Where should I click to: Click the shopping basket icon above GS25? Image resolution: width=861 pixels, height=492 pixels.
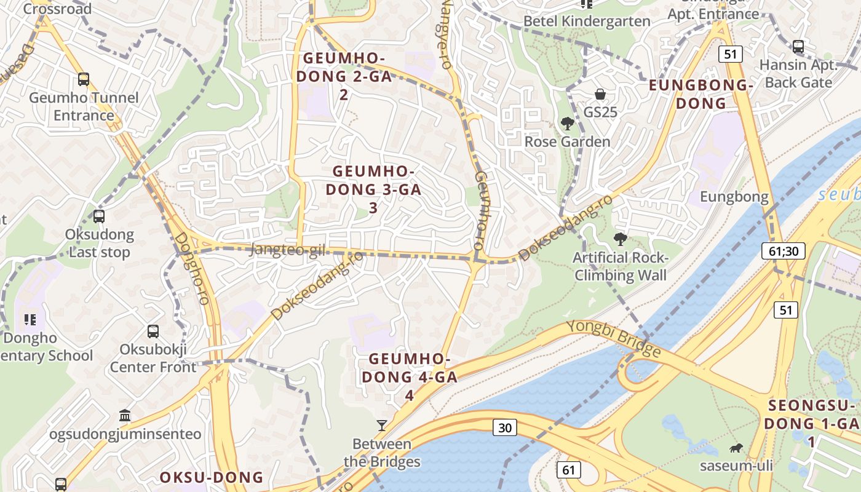pyautogui.click(x=600, y=94)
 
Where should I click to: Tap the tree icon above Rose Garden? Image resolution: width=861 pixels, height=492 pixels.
pyautogui.click(x=567, y=124)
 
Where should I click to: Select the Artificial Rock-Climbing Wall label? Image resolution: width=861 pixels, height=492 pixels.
pyautogui.click(x=620, y=266)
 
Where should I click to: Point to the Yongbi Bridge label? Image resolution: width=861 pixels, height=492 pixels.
pyautogui.click(x=613, y=338)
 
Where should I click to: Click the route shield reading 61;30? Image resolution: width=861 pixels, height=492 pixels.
pyautogui.click(x=783, y=250)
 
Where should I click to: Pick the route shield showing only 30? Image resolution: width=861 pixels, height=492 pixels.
pyautogui.click(x=504, y=427)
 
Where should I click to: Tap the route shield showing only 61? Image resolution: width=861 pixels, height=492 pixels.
pyautogui.click(x=568, y=470)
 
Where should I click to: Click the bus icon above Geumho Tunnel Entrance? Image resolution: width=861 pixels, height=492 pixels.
pyautogui.click(x=84, y=79)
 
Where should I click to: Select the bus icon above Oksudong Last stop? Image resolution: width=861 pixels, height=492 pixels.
pyautogui.click(x=99, y=216)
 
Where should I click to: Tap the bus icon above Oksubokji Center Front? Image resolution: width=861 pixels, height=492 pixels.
pyautogui.click(x=153, y=331)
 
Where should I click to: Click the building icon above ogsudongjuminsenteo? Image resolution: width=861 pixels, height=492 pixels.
pyautogui.click(x=125, y=416)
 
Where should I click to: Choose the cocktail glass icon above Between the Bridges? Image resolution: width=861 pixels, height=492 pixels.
pyautogui.click(x=382, y=425)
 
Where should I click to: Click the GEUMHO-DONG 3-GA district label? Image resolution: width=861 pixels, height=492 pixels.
pyautogui.click(x=373, y=189)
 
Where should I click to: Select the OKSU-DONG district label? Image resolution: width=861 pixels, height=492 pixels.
pyautogui.click(x=212, y=477)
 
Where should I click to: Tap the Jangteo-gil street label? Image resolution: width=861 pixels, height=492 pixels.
pyautogui.click(x=287, y=250)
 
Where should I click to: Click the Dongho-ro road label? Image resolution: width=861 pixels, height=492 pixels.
pyautogui.click(x=192, y=268)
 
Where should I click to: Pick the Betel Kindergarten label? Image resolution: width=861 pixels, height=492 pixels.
pyautogui.click(x=586, y=21)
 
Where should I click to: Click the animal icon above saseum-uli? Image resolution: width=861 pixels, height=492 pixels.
pyautogui.click(x=736, y=448)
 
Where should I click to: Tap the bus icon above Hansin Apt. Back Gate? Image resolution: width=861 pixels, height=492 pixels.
pyautogui.click(x=798, y=46)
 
